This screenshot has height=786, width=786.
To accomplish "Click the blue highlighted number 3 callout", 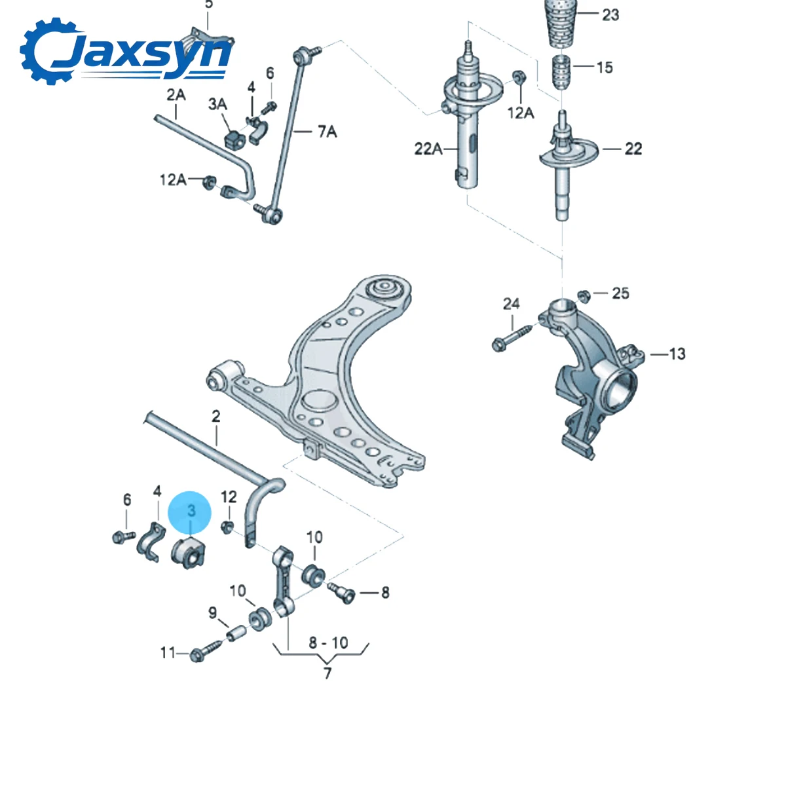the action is [190, 512].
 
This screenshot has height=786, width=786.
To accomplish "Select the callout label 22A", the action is [428, 149].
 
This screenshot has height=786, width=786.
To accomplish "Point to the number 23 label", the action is [610, 15].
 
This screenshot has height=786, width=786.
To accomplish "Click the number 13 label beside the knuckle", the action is [677, 354].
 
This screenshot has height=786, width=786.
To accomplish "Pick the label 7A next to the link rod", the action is [327, 132].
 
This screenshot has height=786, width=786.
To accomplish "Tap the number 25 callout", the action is [620, 293].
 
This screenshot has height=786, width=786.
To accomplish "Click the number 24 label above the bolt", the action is [512, 304].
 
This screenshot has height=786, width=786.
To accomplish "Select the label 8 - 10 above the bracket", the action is [328, 643].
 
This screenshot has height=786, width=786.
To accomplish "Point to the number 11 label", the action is [168, 652].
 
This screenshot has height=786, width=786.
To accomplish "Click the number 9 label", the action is [212, 613].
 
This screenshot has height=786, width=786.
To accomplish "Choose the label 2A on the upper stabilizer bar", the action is [176, 95].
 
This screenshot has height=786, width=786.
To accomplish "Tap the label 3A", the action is [217, 104].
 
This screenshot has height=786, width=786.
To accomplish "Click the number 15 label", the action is [605, 67].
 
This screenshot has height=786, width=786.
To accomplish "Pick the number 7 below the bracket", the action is [327, 673].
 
